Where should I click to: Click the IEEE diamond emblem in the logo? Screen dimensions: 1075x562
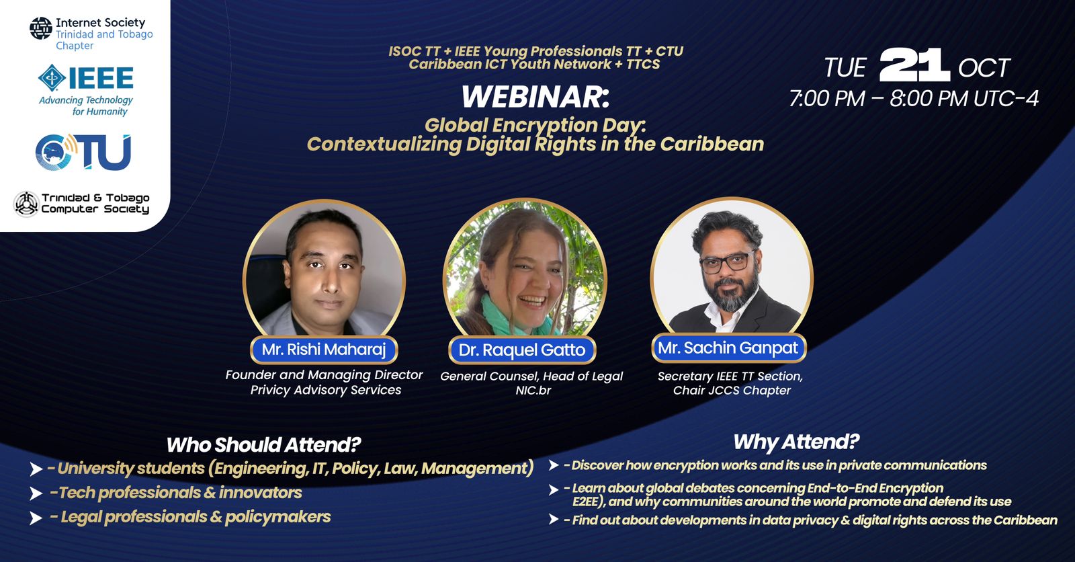pyautogui.click(x=52, y=78)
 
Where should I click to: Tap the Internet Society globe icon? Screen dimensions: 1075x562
pyautogui.click(x=41, y=28)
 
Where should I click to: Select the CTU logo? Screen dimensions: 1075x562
pyautogui.click(x=83, y=153)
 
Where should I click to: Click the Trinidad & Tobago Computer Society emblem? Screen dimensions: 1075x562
pyautogui.click(x=26, y=204)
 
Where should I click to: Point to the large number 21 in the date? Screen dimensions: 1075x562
pyautogui.click(x=914, y=65)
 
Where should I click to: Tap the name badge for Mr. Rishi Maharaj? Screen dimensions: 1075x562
pyautogui.click(x=324, y=349)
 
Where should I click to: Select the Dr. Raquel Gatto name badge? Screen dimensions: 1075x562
pyautogui.click(x=522, y=350)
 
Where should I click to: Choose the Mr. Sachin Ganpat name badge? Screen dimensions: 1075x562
pyautogui.click(x=728, y=348)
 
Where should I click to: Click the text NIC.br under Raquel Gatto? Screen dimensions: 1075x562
pyautogui.click(x=533, y=390)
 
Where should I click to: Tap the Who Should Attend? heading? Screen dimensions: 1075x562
pyautogui.click(x=263, y=445)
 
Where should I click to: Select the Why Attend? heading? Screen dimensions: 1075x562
pyautogui.click(x=796, y=442)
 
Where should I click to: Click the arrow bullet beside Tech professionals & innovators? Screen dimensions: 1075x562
pyautogui.click(x=36, y=493)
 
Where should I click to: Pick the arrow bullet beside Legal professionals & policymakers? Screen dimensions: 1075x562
pyautogui.click(x=36, y=518)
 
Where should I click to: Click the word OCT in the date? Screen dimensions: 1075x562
pyautogui.click(x=984, y=68)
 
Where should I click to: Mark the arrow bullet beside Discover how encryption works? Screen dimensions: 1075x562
pyautogui.click(x=554, y=465)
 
